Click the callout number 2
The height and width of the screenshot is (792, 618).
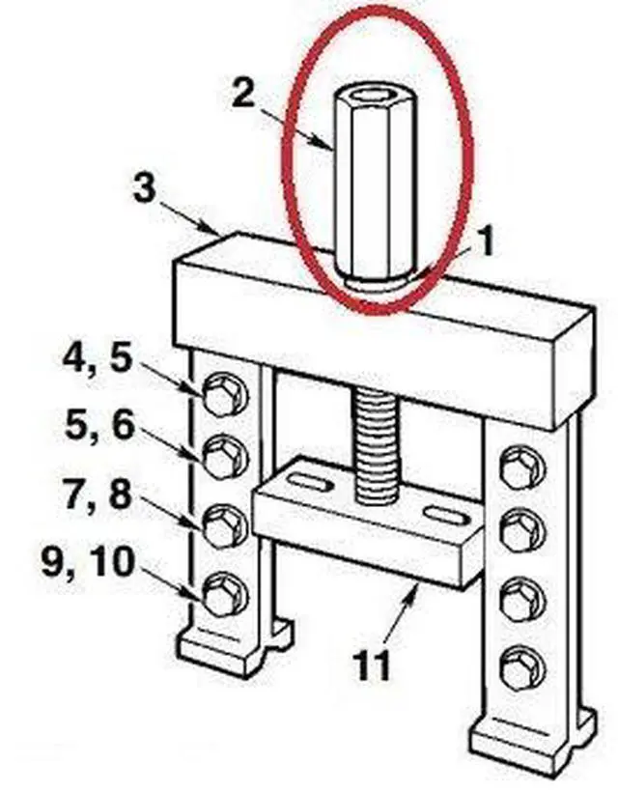pos(244,95)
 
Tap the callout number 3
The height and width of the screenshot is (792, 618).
pos(144,187)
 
